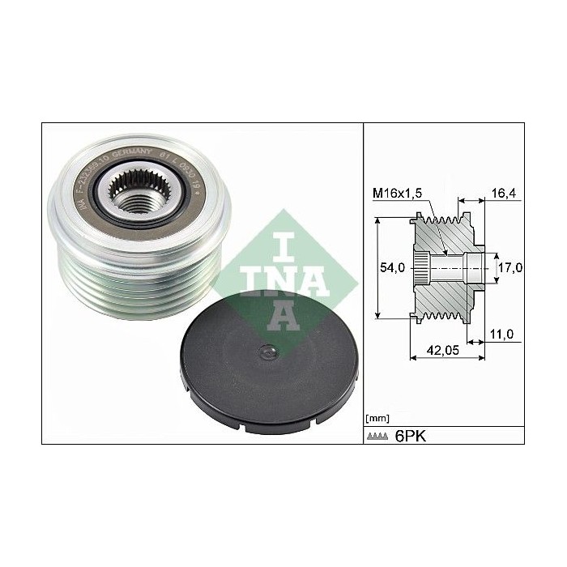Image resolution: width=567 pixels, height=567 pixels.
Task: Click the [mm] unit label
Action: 377,419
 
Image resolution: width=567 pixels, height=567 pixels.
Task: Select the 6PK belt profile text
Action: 410,436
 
